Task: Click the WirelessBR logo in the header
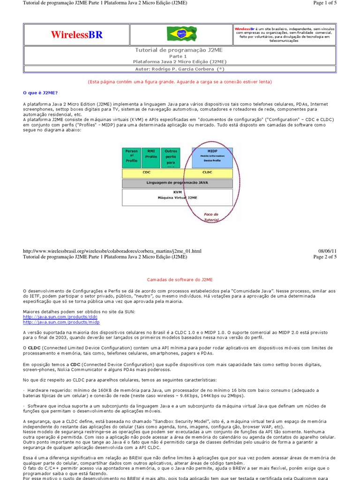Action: (76, 35)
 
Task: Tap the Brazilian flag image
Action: (181, 34)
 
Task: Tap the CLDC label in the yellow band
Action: (207, 172)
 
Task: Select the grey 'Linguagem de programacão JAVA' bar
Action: (177, 183)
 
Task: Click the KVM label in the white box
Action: (177, 192)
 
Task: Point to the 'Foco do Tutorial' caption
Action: (211, 217)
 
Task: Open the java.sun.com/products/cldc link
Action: (60, 317)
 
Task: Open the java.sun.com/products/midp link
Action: (61, 322)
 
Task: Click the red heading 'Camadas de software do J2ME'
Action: (180, 279)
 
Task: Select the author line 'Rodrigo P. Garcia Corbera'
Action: (180, 68)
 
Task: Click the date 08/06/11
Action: (327, 251)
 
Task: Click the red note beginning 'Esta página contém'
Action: (180, 82)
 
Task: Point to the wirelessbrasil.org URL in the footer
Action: (112, 251)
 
